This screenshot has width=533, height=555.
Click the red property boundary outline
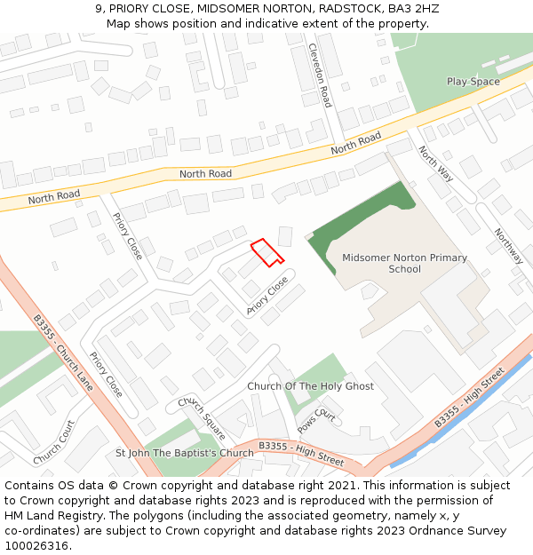266,253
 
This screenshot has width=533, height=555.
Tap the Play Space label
473,82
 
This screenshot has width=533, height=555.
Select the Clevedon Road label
319,75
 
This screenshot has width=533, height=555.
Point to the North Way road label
435,165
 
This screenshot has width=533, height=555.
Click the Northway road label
509,246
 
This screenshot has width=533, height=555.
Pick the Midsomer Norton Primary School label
404,263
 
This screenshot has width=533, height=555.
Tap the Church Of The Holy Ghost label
310,386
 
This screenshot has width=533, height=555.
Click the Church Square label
202,418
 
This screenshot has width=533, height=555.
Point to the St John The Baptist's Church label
185,453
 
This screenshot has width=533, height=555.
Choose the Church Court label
54,442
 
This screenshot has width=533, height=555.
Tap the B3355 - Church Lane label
63,353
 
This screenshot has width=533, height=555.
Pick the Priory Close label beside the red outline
267,296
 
